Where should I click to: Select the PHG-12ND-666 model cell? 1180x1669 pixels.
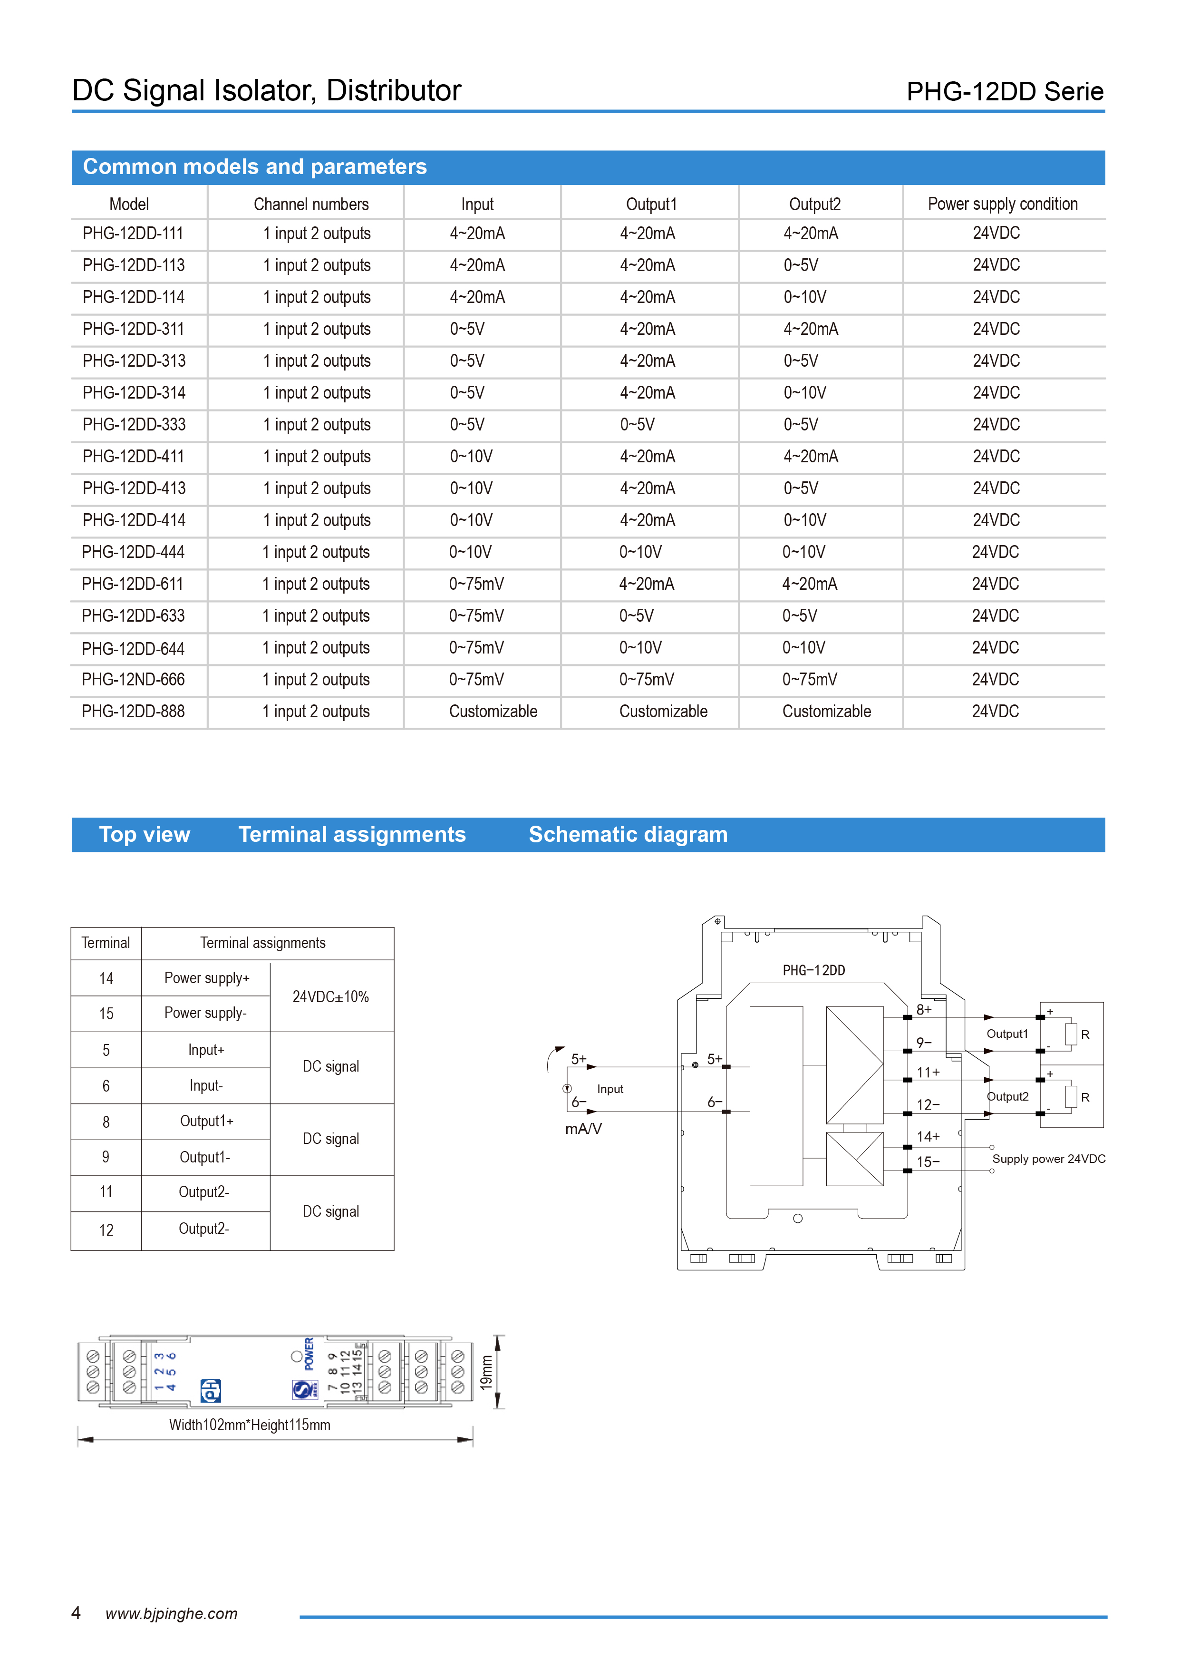pos(133,680)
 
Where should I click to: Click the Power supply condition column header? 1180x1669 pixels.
pos(1002,204)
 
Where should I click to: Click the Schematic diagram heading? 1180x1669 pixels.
pos(628,834)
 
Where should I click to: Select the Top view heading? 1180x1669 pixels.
pos(145,834)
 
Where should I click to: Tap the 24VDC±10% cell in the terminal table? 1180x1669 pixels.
pos(330,996)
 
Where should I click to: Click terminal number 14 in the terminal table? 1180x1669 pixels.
pos(106,978)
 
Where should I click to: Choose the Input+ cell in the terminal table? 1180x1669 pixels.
pos(206,1050)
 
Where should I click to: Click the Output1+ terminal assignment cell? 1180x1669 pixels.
pos(206,1122)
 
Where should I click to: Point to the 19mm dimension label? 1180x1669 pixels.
pos(486,1372)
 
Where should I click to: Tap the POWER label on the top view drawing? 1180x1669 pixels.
pos(309,1354)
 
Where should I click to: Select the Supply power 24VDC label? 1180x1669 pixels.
pos(1048,1159)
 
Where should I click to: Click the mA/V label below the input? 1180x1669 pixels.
pos(583,1129)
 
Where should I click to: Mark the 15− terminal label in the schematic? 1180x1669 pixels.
pos(928,1161)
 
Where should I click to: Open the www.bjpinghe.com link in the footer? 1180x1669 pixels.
pos(172,1614)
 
